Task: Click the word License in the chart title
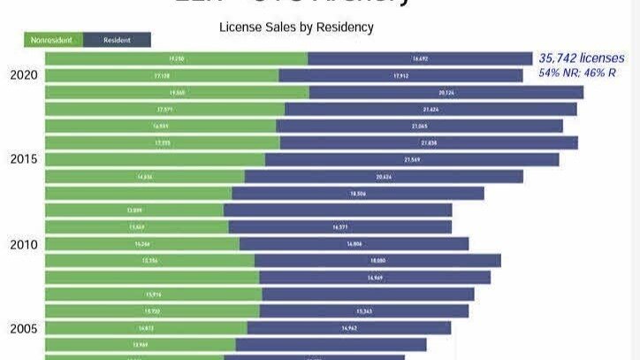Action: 240,27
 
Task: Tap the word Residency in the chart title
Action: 343,27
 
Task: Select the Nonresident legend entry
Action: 54,40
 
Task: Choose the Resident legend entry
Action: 117,40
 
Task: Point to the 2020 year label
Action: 24,75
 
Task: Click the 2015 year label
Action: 24,159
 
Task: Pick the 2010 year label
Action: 24,243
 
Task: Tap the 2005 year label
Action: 24,328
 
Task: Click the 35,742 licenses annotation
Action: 581,57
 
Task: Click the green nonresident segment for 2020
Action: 161,75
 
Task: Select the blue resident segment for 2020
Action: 400,75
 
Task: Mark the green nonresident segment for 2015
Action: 155,159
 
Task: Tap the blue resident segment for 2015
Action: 412,159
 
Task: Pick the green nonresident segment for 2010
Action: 141,243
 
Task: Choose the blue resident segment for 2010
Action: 354,243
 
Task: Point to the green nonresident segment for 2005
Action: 146,328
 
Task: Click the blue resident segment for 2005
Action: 349,328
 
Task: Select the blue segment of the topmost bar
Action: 421,58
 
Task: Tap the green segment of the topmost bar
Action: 176,58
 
